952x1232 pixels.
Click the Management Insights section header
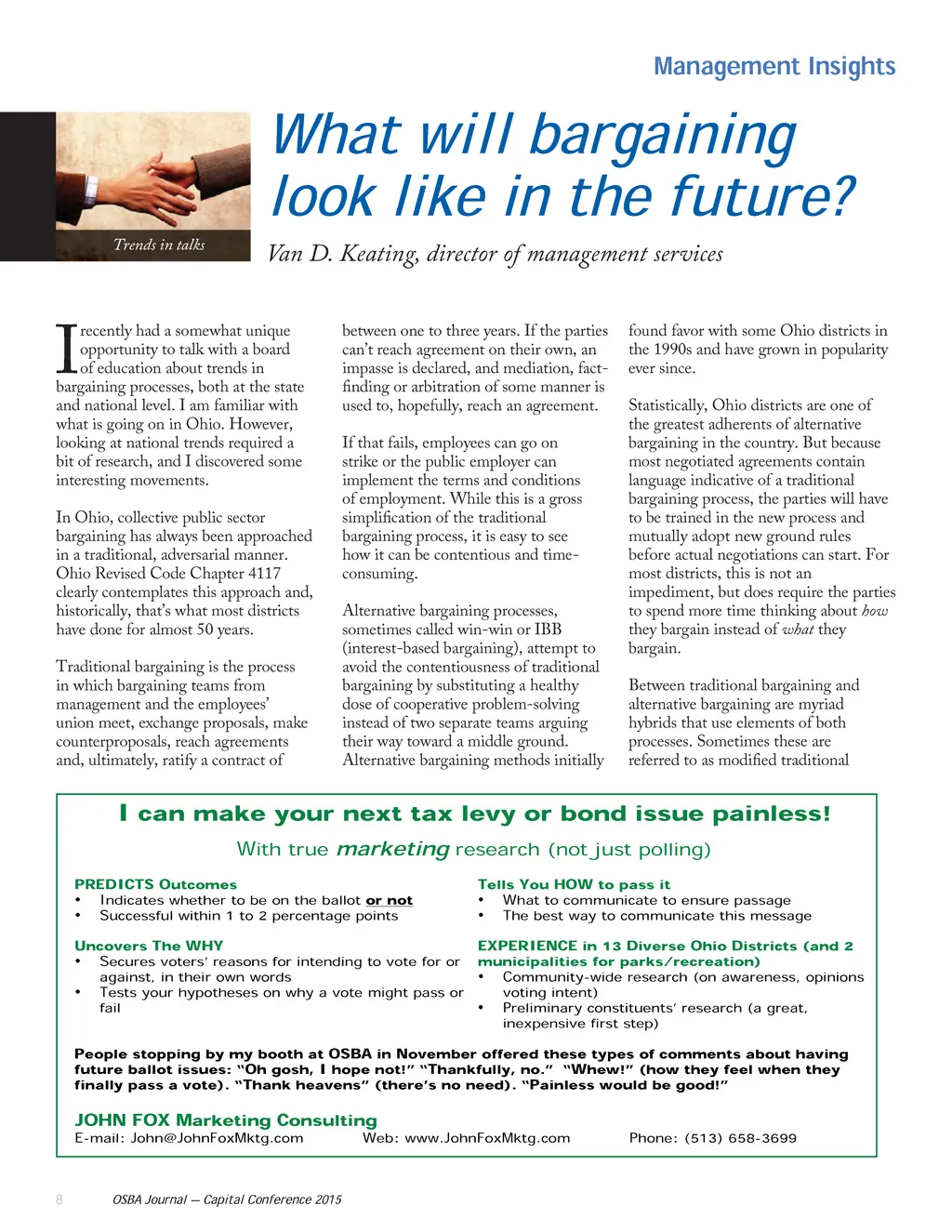point(773,67)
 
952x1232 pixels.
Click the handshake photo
point(153,172)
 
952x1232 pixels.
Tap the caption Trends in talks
point(159,245)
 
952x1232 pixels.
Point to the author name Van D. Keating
point(341,254)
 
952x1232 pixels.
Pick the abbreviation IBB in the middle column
point(548,629)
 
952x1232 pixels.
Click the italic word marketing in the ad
point(393,849)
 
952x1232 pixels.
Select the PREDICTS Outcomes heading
point(155,884)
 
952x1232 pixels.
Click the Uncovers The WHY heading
point(149,946)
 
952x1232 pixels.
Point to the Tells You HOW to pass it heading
point(574,884)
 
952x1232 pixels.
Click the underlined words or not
point(389,900)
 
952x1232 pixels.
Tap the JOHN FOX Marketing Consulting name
point(226,1120)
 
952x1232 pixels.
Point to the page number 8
point(59,1199)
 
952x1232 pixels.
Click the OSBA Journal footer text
point(227,1199)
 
